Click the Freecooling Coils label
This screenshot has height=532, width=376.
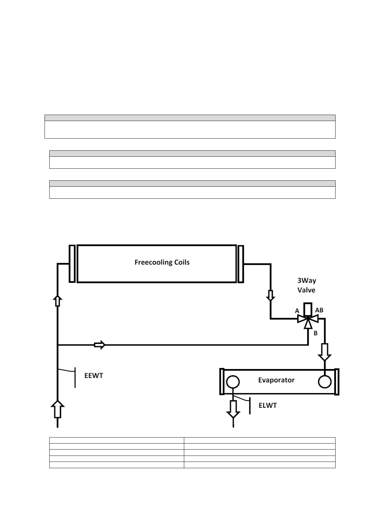162,262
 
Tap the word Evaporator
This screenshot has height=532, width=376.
276,380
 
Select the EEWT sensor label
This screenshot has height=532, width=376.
94,376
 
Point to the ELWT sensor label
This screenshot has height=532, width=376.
268,405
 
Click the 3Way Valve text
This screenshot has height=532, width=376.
306,285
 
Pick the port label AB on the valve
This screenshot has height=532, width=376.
319,310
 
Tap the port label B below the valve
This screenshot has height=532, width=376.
315,333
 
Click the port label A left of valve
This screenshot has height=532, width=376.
297,311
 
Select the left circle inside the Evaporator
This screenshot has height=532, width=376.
233,382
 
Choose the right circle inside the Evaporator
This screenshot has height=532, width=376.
324,382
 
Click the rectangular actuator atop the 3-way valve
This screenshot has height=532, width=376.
308,309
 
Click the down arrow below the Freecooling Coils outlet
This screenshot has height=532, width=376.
270,295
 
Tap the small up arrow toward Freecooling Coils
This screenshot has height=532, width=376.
58,301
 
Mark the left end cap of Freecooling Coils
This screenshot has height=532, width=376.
72,263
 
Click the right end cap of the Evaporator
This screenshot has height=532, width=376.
337,382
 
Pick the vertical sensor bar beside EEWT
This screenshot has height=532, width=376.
75,377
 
